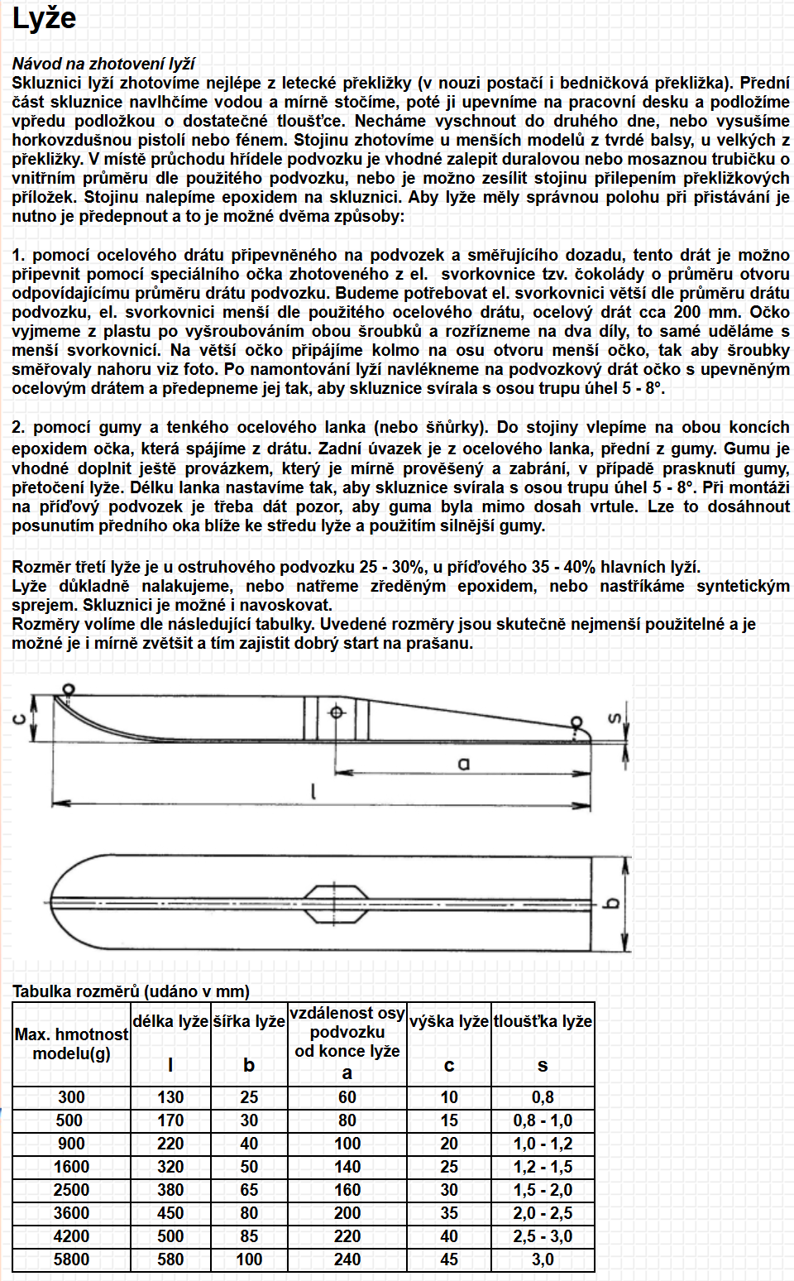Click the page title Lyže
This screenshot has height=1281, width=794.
44,19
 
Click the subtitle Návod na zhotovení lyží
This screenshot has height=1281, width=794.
103,64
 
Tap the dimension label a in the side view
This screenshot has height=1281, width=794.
464,763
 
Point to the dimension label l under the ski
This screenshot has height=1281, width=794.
313,792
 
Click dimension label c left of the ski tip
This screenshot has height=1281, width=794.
18,718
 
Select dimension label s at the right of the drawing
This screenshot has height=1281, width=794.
614,718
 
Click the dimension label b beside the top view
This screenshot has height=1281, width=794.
613,903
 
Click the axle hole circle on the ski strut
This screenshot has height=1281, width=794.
337,712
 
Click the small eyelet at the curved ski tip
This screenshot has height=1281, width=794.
68,689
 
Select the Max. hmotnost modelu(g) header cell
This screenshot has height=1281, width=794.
71,1044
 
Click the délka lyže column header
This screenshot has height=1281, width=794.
170,1022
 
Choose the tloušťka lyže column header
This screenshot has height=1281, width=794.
543,1022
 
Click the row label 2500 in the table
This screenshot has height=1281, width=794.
71,1190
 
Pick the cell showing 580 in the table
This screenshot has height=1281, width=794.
170,1259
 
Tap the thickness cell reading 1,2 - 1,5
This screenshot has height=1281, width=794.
543,1167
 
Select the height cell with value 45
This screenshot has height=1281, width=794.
449,1259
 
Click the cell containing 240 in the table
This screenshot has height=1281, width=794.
347,1259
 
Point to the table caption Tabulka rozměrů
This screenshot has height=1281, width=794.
131,991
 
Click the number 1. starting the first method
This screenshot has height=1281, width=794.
19,255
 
